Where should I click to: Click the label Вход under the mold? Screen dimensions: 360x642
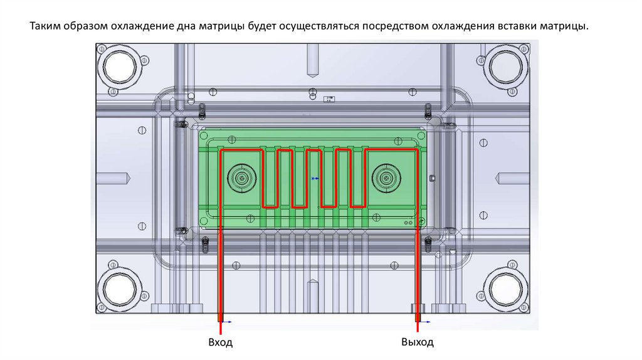tap(220, 343)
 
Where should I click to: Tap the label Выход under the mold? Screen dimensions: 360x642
tap(417, 343)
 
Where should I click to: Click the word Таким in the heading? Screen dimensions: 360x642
tap(45, 27)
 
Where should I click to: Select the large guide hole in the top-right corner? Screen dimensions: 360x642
tap(507, 65)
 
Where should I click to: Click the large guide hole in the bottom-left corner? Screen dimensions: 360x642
tap(121, 290)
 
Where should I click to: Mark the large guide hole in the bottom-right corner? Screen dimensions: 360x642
tap(507, 290)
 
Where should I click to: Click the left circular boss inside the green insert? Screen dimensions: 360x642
tap(241, 178)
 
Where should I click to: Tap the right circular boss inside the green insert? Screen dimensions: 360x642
tap(385, 178)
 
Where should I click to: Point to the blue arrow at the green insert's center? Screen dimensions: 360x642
tap(315, 179)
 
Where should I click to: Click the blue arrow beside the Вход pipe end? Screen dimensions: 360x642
tap(228, 322)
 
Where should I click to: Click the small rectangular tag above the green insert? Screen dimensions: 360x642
tap(328, 98)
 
